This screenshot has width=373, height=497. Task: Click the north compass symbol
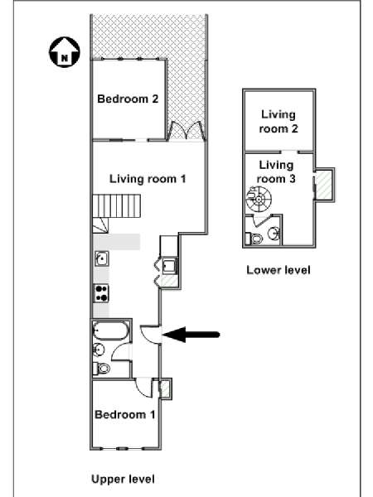tap(65, 52)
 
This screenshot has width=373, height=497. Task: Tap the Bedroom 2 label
tap(128, 99)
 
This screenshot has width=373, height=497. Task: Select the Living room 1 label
tap(148, 179)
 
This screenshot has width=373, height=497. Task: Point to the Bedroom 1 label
tap(125, 415)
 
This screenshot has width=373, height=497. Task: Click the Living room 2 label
tap(279, 122)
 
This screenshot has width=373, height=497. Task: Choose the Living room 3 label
tap(276, 171)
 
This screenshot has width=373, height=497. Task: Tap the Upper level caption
tap(123, 479)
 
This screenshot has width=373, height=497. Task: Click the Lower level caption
tap(279, 270)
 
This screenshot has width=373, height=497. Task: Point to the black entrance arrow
tap(191, 335)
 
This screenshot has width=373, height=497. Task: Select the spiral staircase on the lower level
tap(259, 200)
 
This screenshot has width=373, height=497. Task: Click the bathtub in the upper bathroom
tap(111, 331)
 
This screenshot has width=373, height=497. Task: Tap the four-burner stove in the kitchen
tap(101, 293)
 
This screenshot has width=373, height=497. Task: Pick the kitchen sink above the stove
tap(102, 258)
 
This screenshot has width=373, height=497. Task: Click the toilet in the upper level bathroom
tap(102, 369)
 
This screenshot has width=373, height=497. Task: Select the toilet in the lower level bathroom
tap(254, 238)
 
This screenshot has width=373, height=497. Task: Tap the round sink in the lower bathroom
tap(274, 234)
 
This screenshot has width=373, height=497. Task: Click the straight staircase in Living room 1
tap(116, 206)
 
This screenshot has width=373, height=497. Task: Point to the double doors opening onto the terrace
tap(186, 131)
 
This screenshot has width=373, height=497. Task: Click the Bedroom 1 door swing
tap(144, 387)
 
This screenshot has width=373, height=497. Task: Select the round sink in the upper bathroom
tap(99, 350)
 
